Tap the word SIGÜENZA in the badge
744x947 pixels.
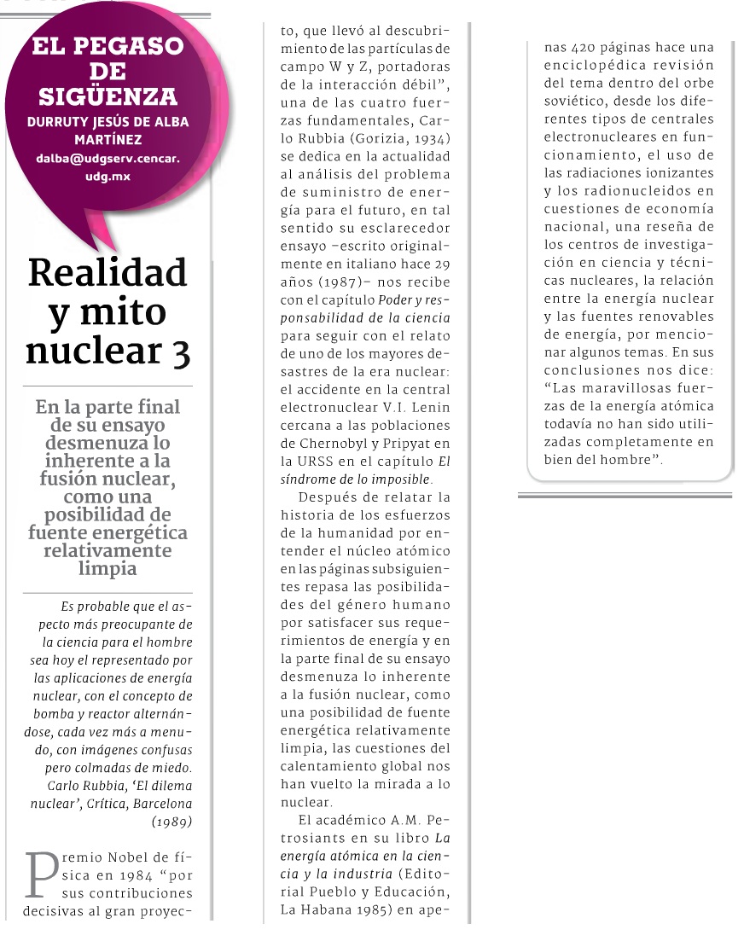[108, 96]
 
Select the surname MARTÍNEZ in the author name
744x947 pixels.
[108, 138]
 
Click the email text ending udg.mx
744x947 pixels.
[108, 177]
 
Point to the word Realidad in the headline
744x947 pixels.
[108, 273]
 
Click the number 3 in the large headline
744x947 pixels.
[178, 351]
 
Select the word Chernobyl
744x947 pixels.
[339, 443]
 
